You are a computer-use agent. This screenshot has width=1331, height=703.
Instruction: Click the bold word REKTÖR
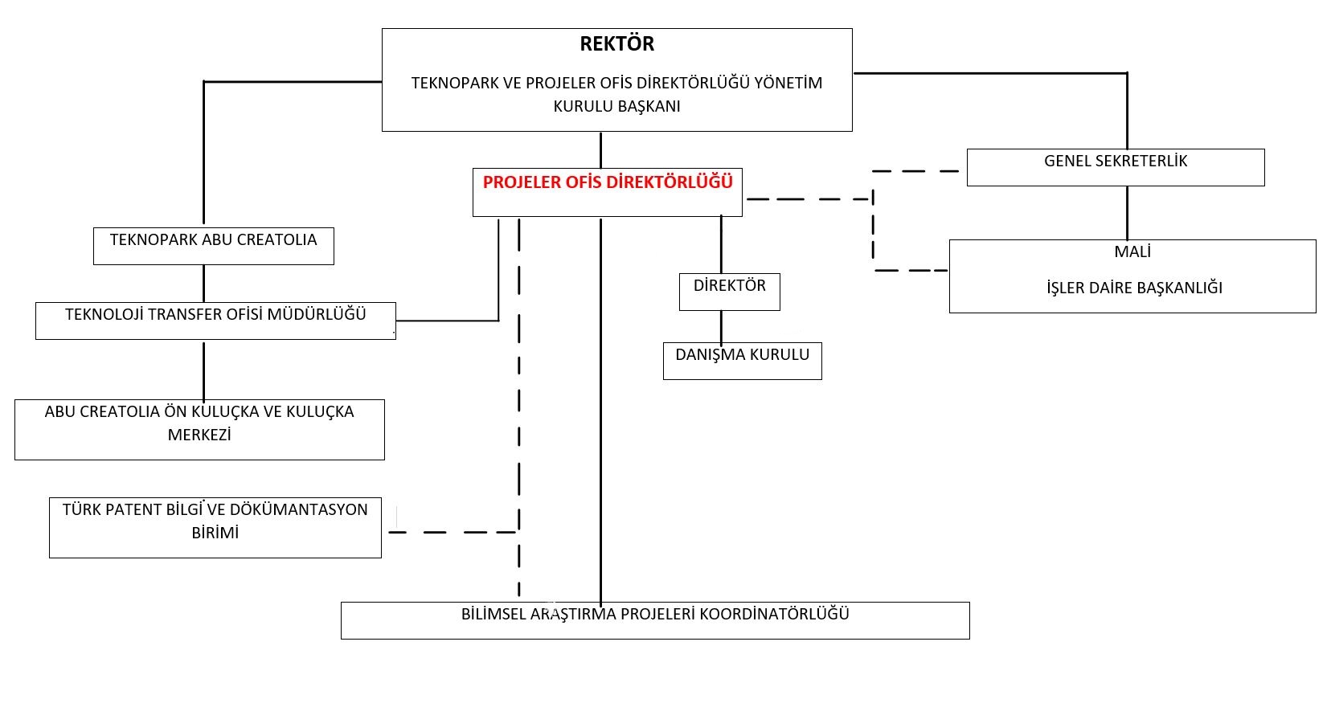(x=616, y=44)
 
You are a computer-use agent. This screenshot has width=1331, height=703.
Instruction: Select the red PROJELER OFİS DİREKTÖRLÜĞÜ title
(x=608, y=182)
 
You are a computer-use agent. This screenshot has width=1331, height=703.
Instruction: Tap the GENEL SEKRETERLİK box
(x=1116, y=166)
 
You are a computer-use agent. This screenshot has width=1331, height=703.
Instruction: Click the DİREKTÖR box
(x=730, y=291)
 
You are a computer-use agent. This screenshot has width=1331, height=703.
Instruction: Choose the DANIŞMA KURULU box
(x=742, y=361)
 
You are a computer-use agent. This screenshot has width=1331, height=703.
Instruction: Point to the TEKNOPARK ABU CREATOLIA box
(x=213, y=246)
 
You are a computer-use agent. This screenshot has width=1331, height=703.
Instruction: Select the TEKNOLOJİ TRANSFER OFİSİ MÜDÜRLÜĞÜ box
(x=215, y=320)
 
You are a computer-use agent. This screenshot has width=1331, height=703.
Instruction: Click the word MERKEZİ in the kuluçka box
(x=199, y=435)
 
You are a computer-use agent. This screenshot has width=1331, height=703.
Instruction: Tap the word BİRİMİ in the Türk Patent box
(x=215, y=533)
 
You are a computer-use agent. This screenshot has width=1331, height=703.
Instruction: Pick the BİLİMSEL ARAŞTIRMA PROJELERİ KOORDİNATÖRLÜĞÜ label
(x=655, y=615)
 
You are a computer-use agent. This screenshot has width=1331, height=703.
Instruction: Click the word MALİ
(x=1132, y=252)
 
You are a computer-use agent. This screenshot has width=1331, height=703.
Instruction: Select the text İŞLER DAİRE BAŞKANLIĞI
(x=1134, y=288)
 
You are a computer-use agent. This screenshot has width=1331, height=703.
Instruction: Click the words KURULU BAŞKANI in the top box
(x=616, y=106)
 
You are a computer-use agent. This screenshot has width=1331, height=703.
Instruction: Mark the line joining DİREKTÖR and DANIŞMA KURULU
(x=721, y=327)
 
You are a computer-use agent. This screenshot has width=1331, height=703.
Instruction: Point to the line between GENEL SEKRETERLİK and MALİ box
(x=1127, y=213)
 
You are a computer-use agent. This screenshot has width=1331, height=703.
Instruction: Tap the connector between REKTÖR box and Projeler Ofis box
(x=600, y=149)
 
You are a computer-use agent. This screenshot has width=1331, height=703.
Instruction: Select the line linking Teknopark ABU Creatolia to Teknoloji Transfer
(x=203, y=283)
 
